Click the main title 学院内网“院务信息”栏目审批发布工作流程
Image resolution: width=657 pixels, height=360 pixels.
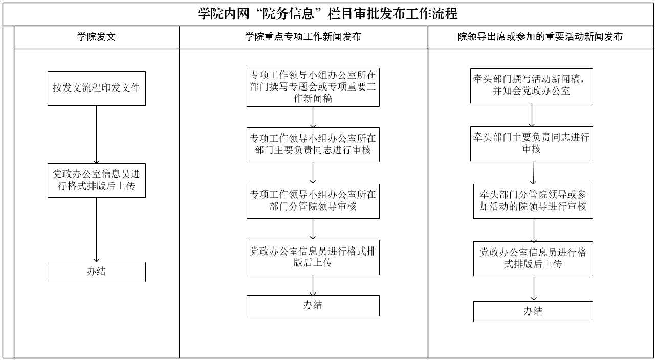(327, 14)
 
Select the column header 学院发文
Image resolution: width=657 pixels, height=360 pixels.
(97, 37)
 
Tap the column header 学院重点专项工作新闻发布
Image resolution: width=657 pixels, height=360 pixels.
(303, 37)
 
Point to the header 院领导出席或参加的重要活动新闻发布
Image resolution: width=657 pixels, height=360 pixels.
(540, 37)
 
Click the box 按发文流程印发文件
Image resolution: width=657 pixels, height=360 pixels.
(97, 88)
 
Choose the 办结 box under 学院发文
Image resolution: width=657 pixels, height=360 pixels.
(97, 272)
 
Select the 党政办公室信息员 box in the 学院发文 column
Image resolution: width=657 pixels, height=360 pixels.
(97, 181)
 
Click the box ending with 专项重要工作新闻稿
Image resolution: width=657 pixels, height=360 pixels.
(313, 87)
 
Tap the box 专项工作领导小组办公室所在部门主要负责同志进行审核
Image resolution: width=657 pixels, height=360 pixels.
(313, 145)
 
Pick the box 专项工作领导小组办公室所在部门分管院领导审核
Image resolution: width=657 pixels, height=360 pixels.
(313, 201)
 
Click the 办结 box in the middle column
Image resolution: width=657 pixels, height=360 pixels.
(313, 305)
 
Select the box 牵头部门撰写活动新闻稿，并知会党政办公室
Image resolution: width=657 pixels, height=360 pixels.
(532, 85)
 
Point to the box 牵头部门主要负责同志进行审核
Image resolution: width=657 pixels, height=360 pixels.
(532, 144)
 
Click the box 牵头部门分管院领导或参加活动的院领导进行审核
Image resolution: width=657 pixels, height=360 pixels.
(533, 201)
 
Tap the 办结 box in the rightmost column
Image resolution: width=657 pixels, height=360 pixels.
(533, 311)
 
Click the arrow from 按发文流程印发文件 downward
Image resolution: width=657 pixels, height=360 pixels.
(97, 134)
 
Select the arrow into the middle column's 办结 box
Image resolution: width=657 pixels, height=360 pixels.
(313, 285)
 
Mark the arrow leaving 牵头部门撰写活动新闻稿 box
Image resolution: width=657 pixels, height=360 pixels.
(532, 115)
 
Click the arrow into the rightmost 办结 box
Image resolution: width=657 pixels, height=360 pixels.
(534, 289)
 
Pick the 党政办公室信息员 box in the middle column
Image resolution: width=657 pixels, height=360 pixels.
(313, 257)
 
